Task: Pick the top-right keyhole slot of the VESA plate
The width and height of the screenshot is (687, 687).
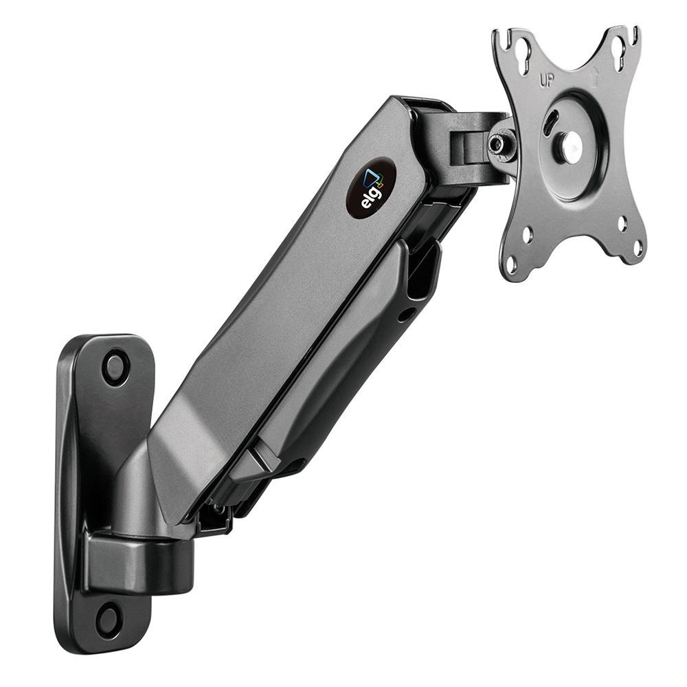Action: [x=619, y=48]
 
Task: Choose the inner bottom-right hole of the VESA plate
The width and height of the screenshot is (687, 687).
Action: [x=621, y=223]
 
